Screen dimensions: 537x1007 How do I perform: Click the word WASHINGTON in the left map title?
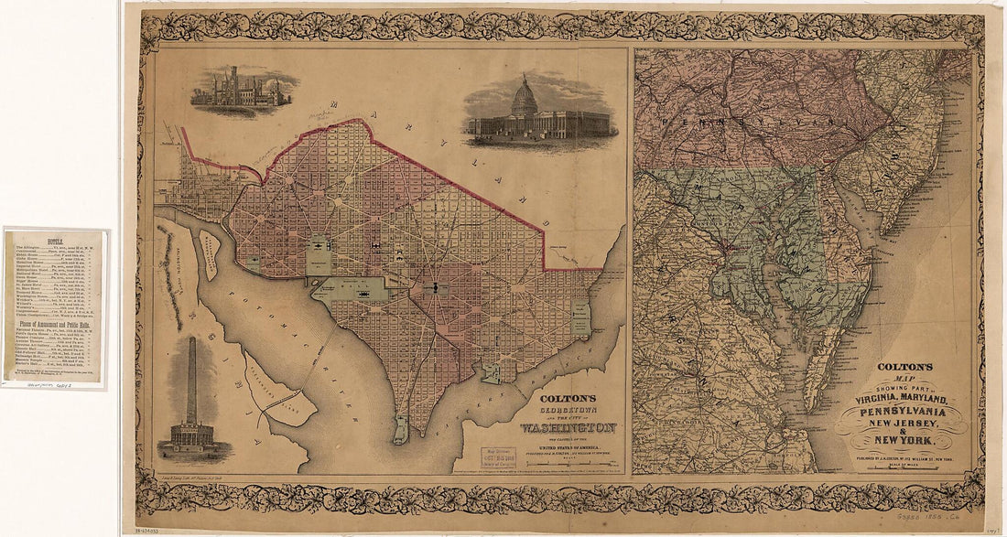pos(568,427)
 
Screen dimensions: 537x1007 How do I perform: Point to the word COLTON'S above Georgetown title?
pos(568,398)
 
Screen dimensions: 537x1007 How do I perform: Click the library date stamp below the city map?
pos(501,456)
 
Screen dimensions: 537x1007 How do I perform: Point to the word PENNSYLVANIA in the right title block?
pos(902,411)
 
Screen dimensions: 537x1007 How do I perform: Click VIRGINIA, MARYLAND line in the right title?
pos(902,398)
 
